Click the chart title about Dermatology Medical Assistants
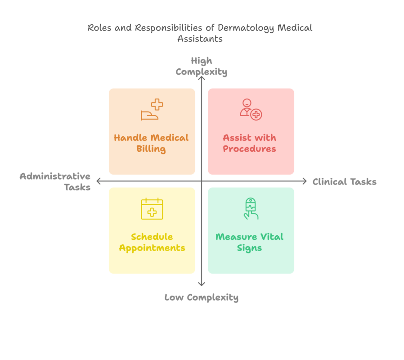(200, 33)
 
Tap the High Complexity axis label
(201, 66)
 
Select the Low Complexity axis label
(201, 297)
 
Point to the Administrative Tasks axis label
(55, 181)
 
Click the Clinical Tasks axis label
(344, 182)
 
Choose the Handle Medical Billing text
(151, 143)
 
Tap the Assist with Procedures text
(249, 143)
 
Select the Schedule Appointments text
(152, 242)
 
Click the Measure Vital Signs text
(249, 242)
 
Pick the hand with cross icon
(152, 110)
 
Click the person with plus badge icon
(250, 110)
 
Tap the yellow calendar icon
(152, 209)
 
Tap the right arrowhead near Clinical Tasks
(304, 181)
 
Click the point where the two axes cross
(202, 181)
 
